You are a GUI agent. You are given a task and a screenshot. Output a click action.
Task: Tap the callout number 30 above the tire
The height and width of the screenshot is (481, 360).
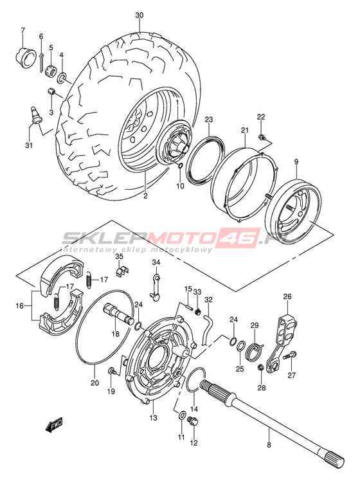point(139,15)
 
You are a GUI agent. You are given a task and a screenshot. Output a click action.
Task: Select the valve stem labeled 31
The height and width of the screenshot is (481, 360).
point(37,115)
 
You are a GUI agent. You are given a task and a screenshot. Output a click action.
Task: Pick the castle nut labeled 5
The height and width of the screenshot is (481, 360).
point(50,72)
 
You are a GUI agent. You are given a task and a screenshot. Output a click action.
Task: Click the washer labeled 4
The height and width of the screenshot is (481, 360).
point(62,77)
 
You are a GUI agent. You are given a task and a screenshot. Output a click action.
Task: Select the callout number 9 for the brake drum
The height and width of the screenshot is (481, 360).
point(296,161)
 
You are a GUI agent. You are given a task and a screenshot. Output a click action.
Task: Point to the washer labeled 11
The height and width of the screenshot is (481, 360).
point(181,415)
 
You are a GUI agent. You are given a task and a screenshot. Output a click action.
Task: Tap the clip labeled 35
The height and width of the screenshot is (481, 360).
point(122,270)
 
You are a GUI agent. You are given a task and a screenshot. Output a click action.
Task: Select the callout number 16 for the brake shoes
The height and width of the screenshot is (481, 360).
point(20,305)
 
